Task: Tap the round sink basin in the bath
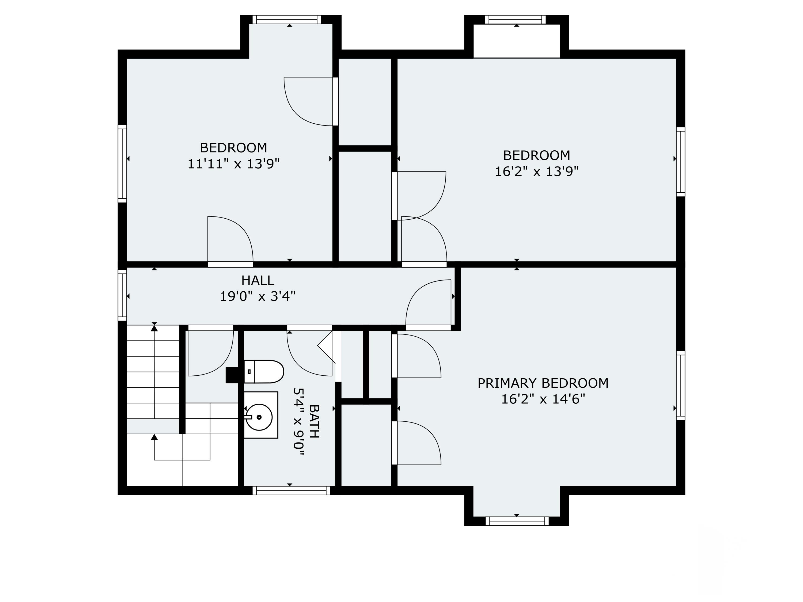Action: coord(259,417)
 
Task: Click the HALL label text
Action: coord(258,280)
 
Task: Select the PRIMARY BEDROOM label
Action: coord(543,383)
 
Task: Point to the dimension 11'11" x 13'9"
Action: coord(233,164)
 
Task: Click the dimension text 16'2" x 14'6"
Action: coord(543,399)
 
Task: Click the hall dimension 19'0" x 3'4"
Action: coord(258,296)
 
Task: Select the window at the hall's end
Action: coord(122,295)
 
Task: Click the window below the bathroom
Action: coord(291,491)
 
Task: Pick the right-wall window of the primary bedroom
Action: coord(681,386)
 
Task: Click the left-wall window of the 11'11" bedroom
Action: coord(122,164)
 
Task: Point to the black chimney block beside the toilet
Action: coord(232,375)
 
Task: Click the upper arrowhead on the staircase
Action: coord(154,328)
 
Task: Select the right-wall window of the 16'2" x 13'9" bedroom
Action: coord(681,162)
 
